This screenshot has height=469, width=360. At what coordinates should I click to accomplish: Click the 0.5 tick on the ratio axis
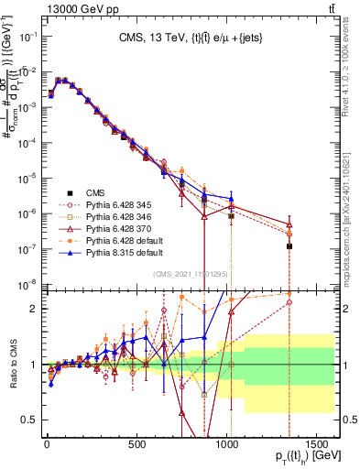[27, 420]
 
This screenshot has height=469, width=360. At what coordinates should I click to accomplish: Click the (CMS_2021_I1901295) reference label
[192, 273]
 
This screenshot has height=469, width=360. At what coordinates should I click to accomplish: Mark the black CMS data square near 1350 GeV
[289, 246]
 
